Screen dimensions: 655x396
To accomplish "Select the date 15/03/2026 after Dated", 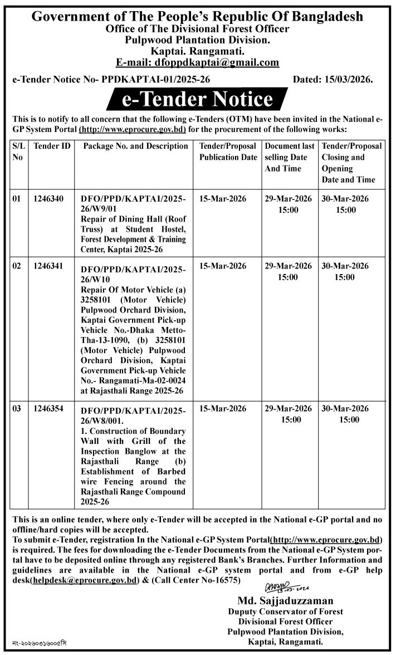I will [x=349, y=80].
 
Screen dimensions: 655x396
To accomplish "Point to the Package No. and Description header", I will [x=135, y=146].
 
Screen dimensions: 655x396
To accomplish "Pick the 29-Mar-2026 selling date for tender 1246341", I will [x=289, y=266].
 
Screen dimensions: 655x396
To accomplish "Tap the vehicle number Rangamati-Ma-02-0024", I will [x=146, y=381].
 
